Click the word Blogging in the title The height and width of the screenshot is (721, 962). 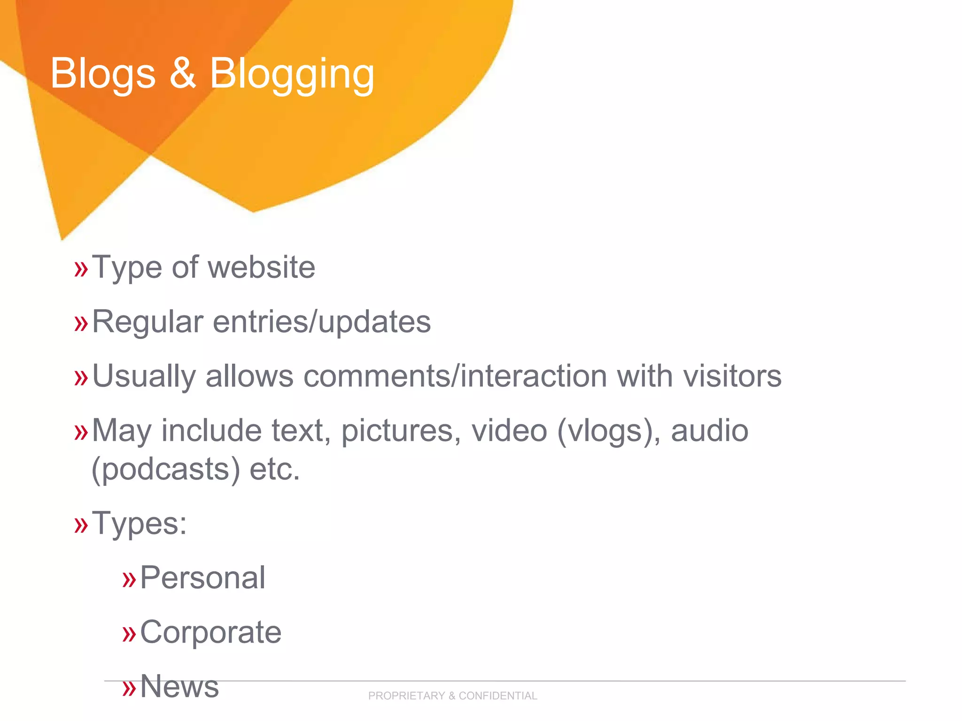pos(292,74)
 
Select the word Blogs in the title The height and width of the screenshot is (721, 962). pos(103,74)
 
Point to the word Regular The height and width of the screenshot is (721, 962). pos(147,322)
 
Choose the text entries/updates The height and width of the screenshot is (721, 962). pos(322,322)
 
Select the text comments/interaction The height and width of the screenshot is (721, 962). pos(455,376)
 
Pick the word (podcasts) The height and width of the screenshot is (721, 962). pos(166,469)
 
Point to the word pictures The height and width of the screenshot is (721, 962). pos(401,431)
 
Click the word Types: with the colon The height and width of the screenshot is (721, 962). pos(140,523)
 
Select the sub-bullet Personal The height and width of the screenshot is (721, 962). pos(202,577)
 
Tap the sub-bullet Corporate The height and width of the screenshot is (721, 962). pos(210,632)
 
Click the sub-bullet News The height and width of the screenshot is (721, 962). pos(179,686)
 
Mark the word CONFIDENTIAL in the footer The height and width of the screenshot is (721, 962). pos(498,696)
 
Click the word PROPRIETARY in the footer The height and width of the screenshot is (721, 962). pos(406,696)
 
